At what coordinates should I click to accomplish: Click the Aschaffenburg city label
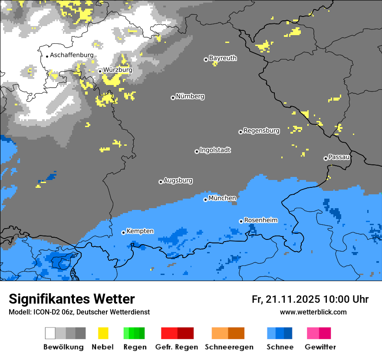tap(72, 55)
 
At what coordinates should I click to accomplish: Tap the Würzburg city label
tap(118, 70)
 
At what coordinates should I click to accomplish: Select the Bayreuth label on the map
tap(223, 58)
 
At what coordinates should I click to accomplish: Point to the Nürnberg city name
tap(190, 96)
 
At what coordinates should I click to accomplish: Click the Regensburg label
tap(261, 131)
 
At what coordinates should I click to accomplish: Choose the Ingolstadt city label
tap(215, 150)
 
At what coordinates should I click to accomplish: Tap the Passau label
tap(339, 157)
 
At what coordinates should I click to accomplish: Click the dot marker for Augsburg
tap(161, 182)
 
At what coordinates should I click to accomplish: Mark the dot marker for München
tap(205, 200)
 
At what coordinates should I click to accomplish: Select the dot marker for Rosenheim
tap(241, 221)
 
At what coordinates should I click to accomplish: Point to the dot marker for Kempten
tap(123, 232)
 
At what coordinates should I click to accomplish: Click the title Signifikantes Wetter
tap(72, 299)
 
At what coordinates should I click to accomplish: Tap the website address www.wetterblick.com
tap(313, 312)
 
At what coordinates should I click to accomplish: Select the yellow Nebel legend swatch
tap(103, 333)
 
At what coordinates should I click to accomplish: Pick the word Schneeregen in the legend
tap(229, 347)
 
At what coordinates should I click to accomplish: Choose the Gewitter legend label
tap(320, 347)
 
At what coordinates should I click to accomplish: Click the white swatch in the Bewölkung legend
tap(50, 333)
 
